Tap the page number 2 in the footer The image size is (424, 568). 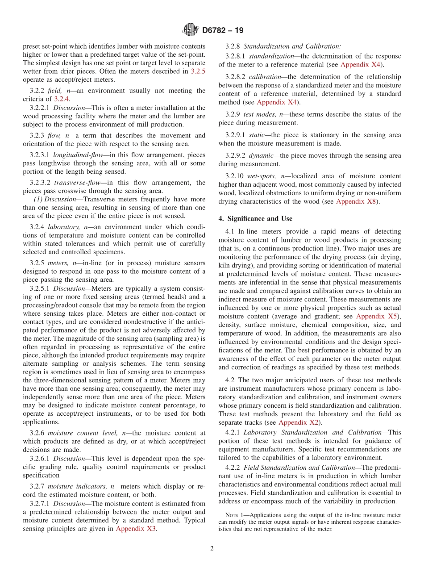212,549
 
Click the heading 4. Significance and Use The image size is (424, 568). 255,219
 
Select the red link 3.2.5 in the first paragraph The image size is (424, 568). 198,71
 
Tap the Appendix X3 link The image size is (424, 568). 136,529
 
